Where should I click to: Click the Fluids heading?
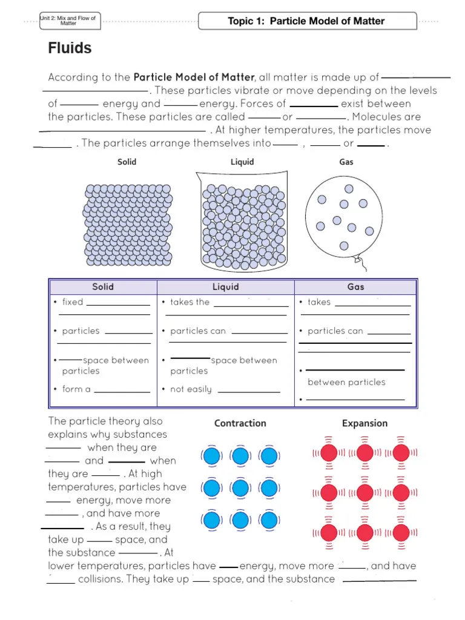point(70,48)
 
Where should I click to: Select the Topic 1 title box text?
point(306,21)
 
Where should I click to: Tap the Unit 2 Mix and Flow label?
point(68,21)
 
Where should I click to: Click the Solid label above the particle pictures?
point(127,162)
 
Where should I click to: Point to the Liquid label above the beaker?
point(242,162)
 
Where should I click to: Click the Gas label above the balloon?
point(346,162)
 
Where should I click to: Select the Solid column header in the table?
point(103,287)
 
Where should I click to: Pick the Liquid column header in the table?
point(225,287)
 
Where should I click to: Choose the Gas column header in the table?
point(355,287)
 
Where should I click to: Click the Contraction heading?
point(240,423)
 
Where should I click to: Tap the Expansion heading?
point(364,423)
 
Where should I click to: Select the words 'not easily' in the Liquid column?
point(191,389)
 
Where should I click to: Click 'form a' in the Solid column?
point(76,389)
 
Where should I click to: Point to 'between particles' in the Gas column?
point(346,382)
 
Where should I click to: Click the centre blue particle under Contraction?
point(240,488)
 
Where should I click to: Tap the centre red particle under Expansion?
point(364,492)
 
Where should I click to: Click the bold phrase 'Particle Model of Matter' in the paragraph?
point(194,77)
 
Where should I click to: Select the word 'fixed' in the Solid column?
point(73,302)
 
